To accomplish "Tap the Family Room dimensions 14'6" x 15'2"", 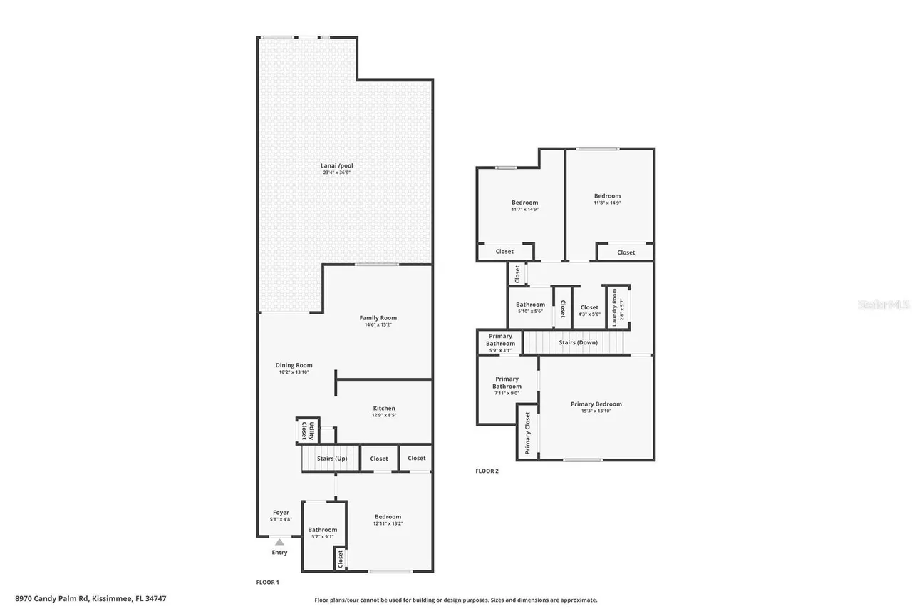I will pos(378,325).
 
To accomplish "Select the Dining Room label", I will pos(294,365).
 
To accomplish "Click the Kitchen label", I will pos(383,409).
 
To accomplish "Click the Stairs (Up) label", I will pos(332,459).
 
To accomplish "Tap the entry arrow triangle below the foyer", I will pos(279,542).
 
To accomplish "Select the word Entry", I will pos(279,553).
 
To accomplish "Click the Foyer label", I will pos(281,513).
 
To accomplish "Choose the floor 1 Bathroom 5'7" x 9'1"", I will pos(323,530).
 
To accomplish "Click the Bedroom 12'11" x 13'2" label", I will pos(388,517).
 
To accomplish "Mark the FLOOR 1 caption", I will pos(268,583).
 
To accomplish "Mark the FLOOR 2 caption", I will pos(487,471).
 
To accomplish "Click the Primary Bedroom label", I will pos(596,404).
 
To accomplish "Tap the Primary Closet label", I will pos(527,433).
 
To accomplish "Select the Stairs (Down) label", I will pos(578,343).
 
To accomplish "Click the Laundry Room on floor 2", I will pos(615,307).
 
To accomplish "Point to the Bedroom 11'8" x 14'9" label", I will pos(608,196).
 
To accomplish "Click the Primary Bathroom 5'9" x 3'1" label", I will pos(500,340).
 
